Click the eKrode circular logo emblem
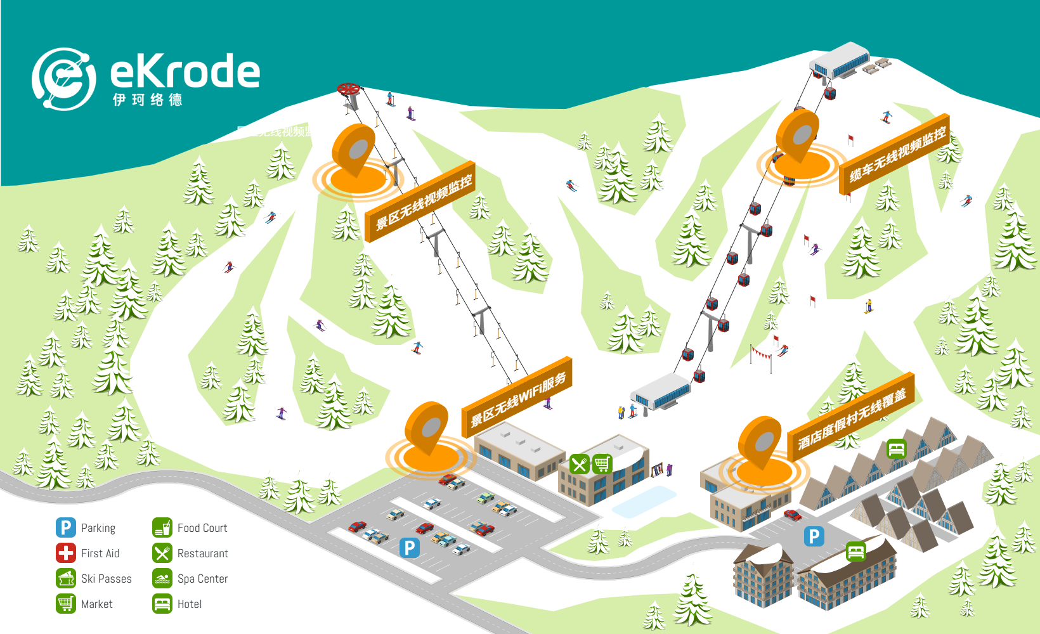(63, 79)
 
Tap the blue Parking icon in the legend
(66, 527)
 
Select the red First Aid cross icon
(66, 553)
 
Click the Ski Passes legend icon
(66, 578)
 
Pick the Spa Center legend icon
(162, 578)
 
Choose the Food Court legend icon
(162, 527)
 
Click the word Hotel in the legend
(190, 604)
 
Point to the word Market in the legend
(97, 604)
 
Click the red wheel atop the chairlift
(348, 89)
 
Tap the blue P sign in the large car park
(410, 547)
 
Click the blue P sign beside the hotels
(814, 536)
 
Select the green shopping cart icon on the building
(602, 464)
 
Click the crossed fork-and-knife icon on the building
(579, 464)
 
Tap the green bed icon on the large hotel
(855, 551)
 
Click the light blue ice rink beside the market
(644, 501)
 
